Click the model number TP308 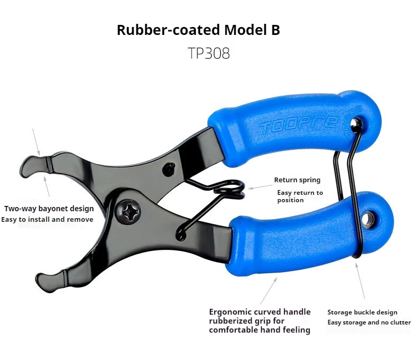208,53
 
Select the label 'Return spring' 297,180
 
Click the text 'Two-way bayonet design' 49,209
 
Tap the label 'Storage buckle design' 362,312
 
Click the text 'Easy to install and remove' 47,219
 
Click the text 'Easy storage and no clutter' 368,322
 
